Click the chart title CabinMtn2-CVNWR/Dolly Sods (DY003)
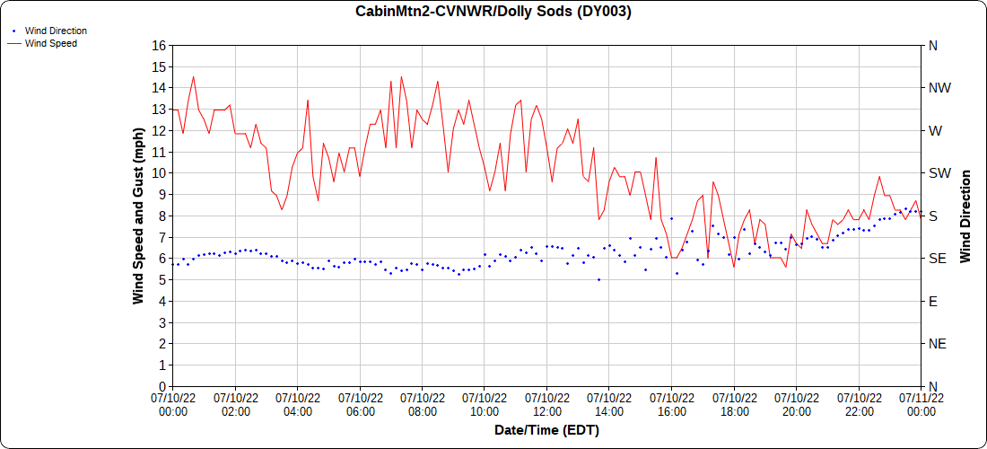point(493,12)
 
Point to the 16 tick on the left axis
point(159,45)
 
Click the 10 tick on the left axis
point(159,172)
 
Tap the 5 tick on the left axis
point(162,279)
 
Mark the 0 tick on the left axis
point(162,386)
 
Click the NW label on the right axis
point(939,88)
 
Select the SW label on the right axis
point(939,173)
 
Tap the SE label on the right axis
point(938,259)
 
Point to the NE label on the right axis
point(938,344)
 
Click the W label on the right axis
point(936,130)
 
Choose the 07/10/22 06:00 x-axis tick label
point(360,404)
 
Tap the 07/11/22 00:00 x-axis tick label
point(921,404)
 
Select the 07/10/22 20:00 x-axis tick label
point(796,404)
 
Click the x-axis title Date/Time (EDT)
point(546,430)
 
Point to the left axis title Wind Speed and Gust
point(138,216)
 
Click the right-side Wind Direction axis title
point(965,216)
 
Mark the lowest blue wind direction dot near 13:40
point(598,279)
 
